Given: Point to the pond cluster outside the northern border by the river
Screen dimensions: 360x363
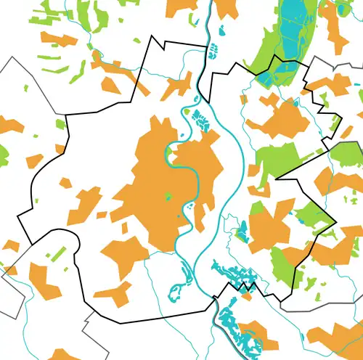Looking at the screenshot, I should (213, 51).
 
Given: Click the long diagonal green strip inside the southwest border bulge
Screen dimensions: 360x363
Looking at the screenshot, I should (58, 255).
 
